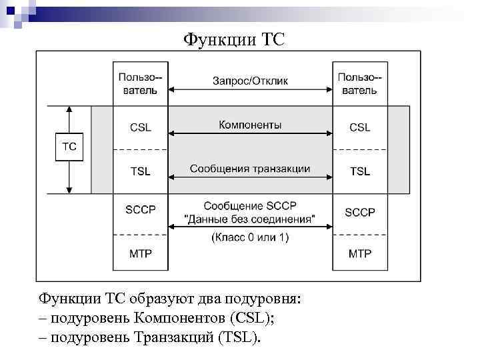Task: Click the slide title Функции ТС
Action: pos(234,40)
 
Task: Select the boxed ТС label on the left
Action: pos(69,147)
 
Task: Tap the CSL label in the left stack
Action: pos(140,127)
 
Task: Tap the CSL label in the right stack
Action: pos(360,127)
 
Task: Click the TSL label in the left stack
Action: pos(140,171)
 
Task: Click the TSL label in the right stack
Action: pos(360,171)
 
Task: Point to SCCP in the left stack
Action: pos(140,210)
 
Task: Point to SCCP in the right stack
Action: pos(360,212)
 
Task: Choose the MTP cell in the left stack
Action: pos(140,254)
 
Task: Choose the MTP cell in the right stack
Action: pos(360,254)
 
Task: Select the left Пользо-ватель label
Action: pos(140,83)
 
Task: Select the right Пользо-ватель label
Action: pos(360,83)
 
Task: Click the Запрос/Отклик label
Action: pos(250,81)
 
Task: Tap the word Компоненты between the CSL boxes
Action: pos(250,125)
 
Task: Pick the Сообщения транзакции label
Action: pos(250,169)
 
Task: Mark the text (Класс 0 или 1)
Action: pos(250,237)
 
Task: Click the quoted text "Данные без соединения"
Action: pos(250,219)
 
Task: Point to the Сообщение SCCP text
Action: pos(250,205)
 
